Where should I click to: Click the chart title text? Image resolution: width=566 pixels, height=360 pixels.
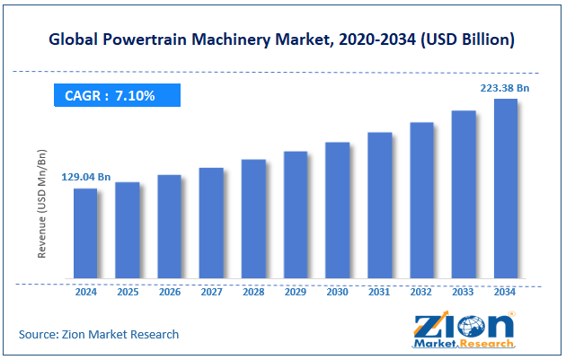point(283,40)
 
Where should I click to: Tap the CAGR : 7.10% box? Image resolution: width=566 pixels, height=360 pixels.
point(116,94)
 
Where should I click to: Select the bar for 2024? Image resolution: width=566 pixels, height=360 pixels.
point(85,233)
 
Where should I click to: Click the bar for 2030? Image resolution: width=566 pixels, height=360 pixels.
point(337,210)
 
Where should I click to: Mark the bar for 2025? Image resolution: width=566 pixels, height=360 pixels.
point(128,230)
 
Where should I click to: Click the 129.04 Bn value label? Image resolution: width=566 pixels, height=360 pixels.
point(86,178)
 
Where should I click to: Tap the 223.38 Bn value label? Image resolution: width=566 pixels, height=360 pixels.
point(505,87)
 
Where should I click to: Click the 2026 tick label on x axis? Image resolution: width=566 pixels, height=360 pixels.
point(170,292)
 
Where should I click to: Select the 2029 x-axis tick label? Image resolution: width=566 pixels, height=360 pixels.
point(296,292)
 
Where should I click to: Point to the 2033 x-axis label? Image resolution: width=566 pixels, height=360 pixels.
point(463,292)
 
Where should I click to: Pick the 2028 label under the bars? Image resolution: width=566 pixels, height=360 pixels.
point(253,292)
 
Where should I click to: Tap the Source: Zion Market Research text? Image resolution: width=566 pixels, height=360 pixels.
point(99,334)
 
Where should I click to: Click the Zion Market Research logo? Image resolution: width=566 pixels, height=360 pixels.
point(463,329)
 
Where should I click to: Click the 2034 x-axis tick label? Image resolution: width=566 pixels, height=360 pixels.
point(505,292)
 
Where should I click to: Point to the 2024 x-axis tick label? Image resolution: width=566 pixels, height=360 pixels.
point(85,292)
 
